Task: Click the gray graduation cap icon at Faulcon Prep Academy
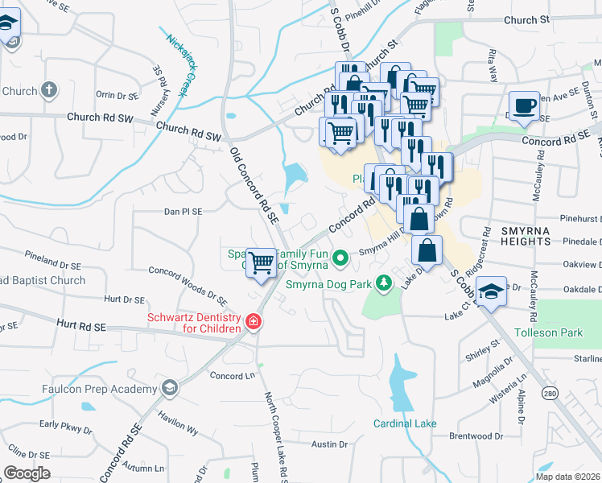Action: [x=169, y=389]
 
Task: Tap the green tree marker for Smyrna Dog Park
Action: [x=385, y=283]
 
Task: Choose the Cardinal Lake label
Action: [x=403, y=423]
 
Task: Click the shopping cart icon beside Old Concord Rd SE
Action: [x=261, y=262]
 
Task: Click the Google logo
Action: [x=27, y=473]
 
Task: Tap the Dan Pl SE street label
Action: [x=183, y=212]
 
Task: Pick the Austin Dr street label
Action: [x=328, y=444]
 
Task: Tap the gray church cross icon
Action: [x=49, y=90]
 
